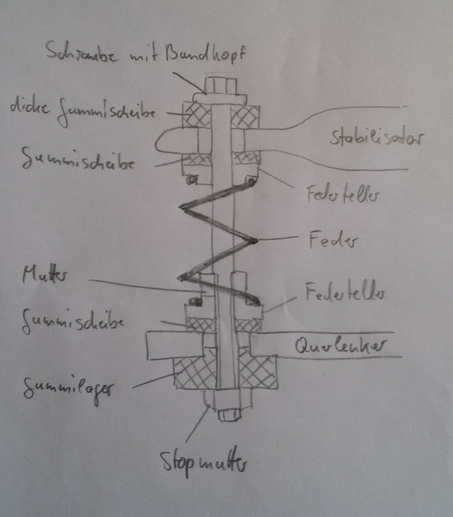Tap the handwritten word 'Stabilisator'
click(377, 137)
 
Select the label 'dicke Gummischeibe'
click(83, 111)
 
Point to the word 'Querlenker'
click(340, 346)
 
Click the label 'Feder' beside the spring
click(333, 241)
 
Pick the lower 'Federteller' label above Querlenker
click(345, 292)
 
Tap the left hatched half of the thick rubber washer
click(196, 116)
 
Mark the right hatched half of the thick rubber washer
click(245, 116)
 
